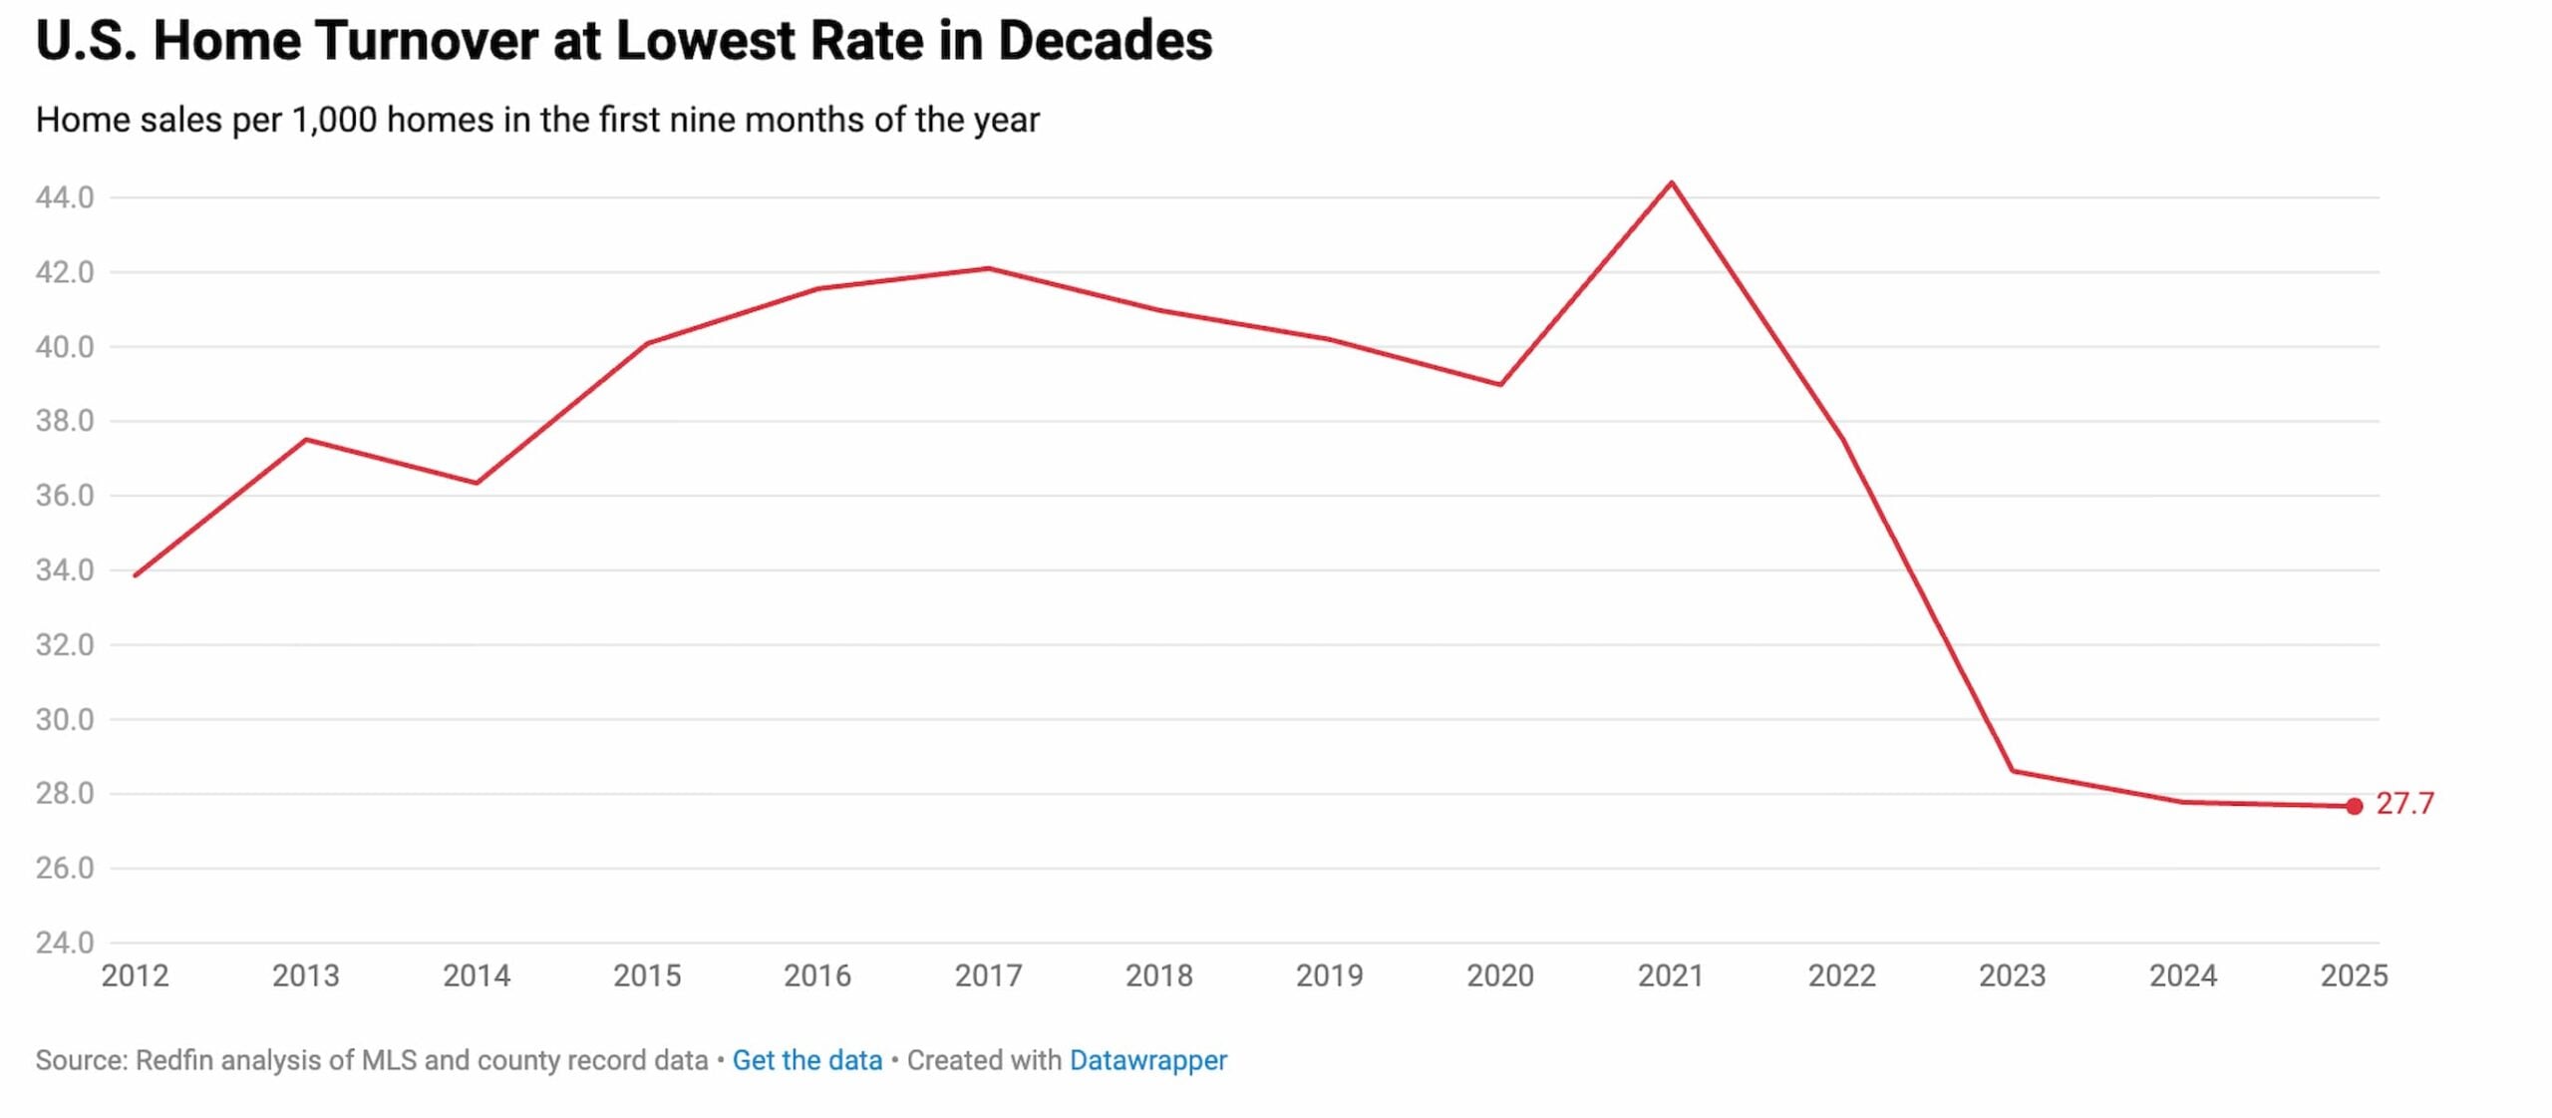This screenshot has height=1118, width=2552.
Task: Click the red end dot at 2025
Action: point(2354,806)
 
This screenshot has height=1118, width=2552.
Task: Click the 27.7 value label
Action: point(2404,803)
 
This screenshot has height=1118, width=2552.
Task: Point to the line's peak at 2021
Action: point(1672,183)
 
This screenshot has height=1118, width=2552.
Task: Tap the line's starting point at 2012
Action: point(136,575)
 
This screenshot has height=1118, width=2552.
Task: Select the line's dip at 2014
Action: point(477,483)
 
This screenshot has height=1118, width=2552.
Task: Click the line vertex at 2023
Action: point(2013,770)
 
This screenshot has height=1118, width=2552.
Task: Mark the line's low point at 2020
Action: point(1500,384)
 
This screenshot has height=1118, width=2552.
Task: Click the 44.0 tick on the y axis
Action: point(65,197)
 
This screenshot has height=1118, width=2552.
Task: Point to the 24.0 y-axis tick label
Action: point(65,942)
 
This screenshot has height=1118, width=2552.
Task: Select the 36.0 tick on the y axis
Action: point(65,496)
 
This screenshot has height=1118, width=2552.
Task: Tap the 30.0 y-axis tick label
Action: point(65,719)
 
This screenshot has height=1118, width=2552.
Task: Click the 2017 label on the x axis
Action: point(988,975)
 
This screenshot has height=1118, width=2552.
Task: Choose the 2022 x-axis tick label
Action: point(1841,975)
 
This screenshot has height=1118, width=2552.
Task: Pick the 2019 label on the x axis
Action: point(1329,975)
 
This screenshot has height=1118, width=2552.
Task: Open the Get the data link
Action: point(807,1060)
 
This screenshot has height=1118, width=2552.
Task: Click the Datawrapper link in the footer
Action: point(1147,1060)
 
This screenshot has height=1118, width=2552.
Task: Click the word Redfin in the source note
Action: point(174,1060)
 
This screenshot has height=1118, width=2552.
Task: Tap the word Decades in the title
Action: point(1105,42)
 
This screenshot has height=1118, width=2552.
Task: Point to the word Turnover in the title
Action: point(426,42)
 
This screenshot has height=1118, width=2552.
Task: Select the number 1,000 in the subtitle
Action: point(334,120)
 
